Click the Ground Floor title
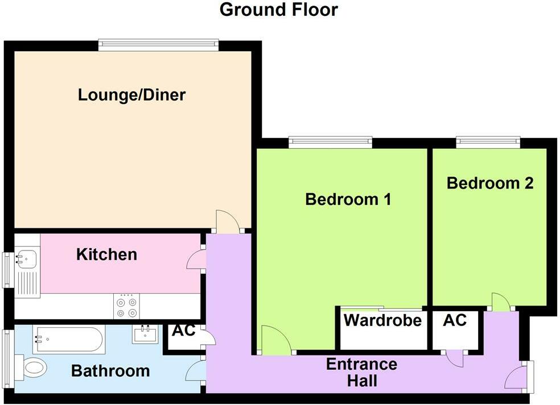[x=278, y=10]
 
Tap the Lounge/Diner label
[x=131, y=94]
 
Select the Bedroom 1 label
[x=348, y=199]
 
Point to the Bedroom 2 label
[x=490, y=183]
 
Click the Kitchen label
[x=106, y=254]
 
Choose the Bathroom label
[x=110, y=371]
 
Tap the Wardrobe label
[x=382, y=320]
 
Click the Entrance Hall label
[x=361, y=372]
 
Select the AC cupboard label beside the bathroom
[x=183, y=331]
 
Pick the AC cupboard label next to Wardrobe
[x=455, y=320]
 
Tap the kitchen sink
[x=26, y=260]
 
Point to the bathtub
[x=68, y=340]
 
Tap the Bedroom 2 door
[x=500, y=302]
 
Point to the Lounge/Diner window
[x=158, y=43]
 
